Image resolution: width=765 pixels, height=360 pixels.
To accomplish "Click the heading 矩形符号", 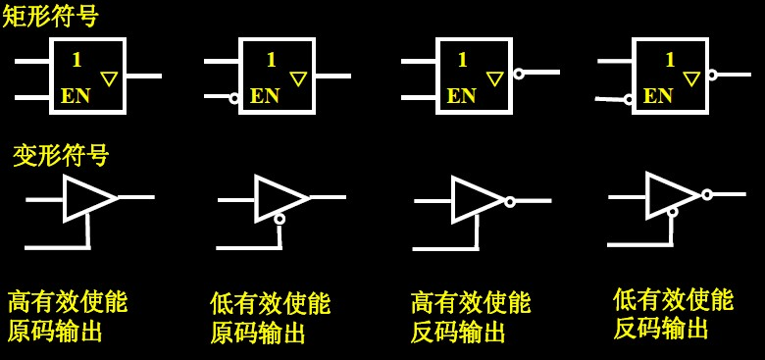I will (50, 16).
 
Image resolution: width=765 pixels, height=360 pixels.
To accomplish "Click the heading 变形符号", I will (61, 155).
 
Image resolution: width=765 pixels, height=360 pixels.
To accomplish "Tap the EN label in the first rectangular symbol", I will (76, 96).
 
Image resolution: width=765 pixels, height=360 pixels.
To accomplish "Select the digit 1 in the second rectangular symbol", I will (271, 60).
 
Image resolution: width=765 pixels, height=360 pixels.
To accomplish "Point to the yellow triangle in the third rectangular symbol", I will (495, 78).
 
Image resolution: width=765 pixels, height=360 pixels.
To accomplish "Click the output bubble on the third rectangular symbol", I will (519, 74).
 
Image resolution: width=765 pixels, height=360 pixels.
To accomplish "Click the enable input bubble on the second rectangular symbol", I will (234, 97).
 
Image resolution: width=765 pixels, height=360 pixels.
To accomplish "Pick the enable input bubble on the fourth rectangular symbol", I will (629, 99).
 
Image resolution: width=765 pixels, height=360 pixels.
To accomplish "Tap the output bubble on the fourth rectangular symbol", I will (712, 75).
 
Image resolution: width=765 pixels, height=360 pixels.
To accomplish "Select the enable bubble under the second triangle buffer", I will (280, 219).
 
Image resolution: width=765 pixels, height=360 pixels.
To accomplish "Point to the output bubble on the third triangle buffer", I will (510, 201).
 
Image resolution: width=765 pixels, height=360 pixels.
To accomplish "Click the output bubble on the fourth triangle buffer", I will (706, 194).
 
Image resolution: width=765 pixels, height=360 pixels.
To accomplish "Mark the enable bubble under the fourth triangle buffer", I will (672, 211).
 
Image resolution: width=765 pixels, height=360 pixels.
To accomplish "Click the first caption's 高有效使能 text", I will (68, 301).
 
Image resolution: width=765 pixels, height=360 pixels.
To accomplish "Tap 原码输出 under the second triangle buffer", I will (257, 334).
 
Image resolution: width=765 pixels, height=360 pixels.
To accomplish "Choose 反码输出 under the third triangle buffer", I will (458, 333).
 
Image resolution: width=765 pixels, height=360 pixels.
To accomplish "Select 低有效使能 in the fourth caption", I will (673, 299).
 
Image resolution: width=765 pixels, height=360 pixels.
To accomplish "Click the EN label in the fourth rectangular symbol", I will (658, 96).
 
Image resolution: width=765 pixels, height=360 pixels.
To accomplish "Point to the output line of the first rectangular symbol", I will (143, 76).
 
